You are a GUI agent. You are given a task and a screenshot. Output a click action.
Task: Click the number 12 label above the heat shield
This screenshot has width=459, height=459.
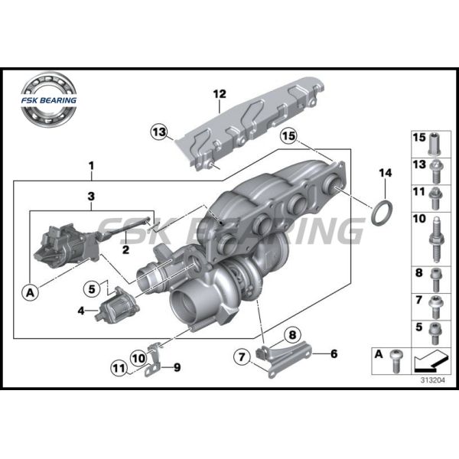pyautogui.click(x=220, y=95)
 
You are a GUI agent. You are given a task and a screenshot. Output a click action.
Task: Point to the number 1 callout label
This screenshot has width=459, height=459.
pyautogui.click(x=92, y=166)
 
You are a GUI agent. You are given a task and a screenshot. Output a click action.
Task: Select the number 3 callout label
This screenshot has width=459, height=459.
pyautogui.click(x=91, y=197)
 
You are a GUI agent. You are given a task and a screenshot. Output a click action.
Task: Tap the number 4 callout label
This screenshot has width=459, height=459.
pyautogui.click(x=81, y=311)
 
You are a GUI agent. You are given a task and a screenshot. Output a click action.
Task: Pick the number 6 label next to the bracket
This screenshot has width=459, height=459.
pyautogui.click(x=334, y=353)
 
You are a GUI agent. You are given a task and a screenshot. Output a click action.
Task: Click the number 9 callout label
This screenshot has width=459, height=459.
pyautogui.click(x=177, y=368)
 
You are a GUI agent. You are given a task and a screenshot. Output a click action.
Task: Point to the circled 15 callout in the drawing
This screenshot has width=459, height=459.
pyautogui.click(x=288, y=137)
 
